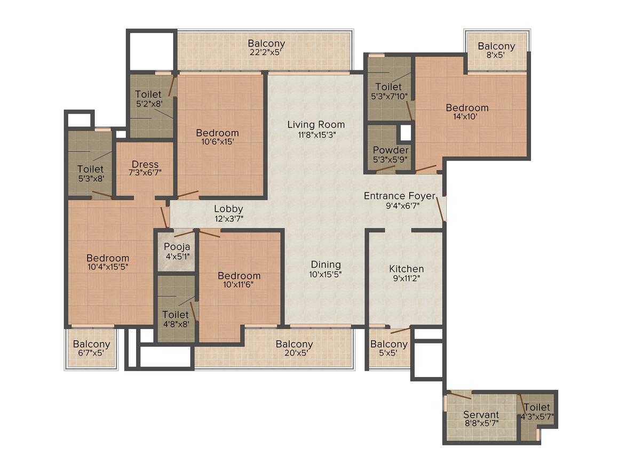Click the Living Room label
[x=316, y=125]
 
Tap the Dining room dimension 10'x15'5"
[x=326, y=274]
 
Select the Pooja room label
[x=177, y=247]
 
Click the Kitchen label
[x=406, y=269]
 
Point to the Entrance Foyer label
[x=400, y=196]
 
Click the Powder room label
[x=391, y=150]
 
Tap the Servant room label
[x=481, y=415]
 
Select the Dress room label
[x=145, y=164]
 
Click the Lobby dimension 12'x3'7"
[x=228, y=219]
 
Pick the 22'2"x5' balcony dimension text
[x=266, y=52]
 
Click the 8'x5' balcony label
[x=496, y=46]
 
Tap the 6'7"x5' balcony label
[x=91, y=344]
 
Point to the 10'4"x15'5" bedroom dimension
[x=108, y=267]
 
